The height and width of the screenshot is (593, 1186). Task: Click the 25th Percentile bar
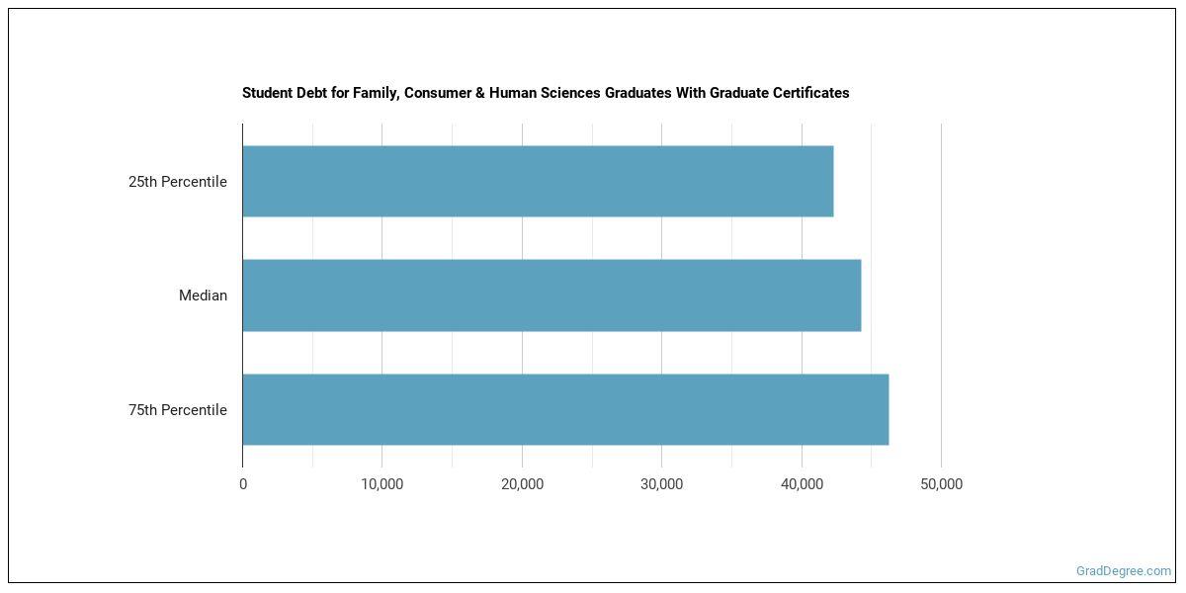click(538, 182)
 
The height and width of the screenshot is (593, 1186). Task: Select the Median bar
click(551, 296)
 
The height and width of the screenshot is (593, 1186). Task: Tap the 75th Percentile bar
click(565, 409)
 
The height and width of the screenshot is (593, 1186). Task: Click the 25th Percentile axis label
click(178, 182)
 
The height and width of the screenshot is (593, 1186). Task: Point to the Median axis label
click(203, 296)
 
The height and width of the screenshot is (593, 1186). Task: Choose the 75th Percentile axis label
click(178, 410)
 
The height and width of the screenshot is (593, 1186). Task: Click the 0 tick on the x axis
click(243, 484)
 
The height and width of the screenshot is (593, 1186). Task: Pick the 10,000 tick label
click(382, 484)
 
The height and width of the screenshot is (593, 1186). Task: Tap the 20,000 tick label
click(522, 484)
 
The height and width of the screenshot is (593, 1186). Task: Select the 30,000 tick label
click(662, 484)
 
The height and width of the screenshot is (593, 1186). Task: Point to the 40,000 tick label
click(802, 484)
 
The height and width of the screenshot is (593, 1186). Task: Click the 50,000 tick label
click(941, 484)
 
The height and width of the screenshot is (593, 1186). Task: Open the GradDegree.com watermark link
click(1124, 570)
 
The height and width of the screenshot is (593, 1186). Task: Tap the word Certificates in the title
click(809, 93)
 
